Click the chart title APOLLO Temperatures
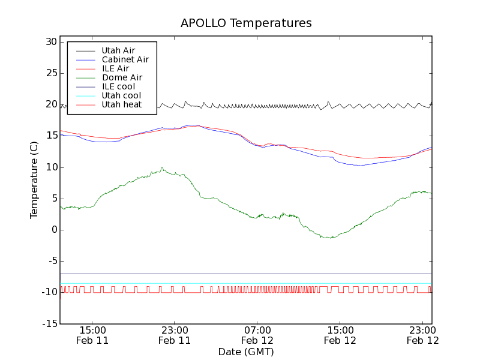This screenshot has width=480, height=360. pos(246,23)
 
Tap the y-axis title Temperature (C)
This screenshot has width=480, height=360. pos(34,180)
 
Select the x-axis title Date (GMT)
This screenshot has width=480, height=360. pos(246,352)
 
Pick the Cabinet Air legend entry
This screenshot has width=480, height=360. pos(125,59)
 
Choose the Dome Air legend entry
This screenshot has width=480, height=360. pos(122,77)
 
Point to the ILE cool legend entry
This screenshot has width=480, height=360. pos(122,86)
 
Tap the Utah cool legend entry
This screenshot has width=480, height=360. pos(121,95)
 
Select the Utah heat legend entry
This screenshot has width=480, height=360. pos(121,104)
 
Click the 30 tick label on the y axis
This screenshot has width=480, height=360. pos(50,42)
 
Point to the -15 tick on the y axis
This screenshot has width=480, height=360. pos(49,323)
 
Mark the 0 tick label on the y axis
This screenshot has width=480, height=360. pos(53,230)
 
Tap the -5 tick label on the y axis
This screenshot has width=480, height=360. pos(51,261)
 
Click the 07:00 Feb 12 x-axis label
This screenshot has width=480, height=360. pos(257,335)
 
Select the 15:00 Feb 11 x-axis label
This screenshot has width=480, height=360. pos(92,335)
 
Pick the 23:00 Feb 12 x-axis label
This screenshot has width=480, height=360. pos(423,335)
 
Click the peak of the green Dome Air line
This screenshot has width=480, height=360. pos(161,168)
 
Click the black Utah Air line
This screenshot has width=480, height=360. pos(240,106)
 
